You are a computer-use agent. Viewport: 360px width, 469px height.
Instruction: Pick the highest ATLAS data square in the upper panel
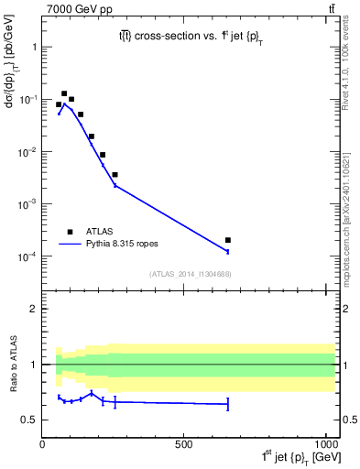[x=64, y=93]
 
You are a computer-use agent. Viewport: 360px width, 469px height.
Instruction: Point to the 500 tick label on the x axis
[x=184, y=444]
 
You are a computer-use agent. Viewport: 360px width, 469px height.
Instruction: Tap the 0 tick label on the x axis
[x=43, y=444]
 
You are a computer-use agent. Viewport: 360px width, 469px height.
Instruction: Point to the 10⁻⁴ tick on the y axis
[x=29, y=256]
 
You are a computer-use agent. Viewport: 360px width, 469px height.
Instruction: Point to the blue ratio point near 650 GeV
[x=228, y=404]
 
